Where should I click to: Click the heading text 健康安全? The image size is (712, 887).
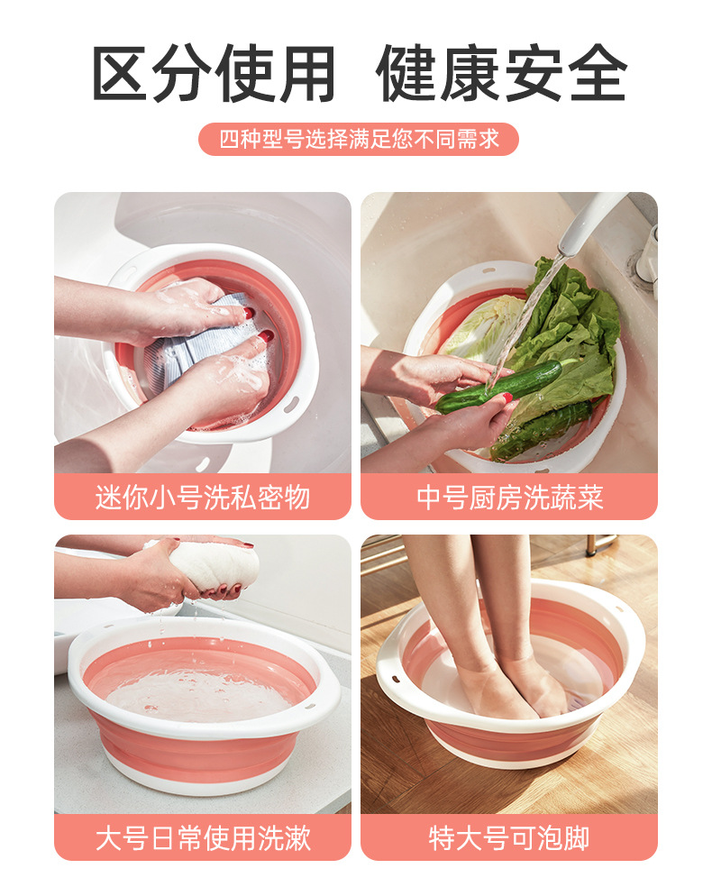(x=502, y=73)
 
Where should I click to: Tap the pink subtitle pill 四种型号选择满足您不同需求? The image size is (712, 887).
(x=359, y=140)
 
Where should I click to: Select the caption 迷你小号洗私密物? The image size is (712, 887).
(x=203, y=497)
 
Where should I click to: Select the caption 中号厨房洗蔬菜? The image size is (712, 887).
(x=509, y=497)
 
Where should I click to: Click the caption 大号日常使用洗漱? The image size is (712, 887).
(x=203, y=837)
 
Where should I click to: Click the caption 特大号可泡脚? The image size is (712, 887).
(x=509, y=837)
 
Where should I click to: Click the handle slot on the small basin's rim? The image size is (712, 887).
(x=290, y=407)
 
